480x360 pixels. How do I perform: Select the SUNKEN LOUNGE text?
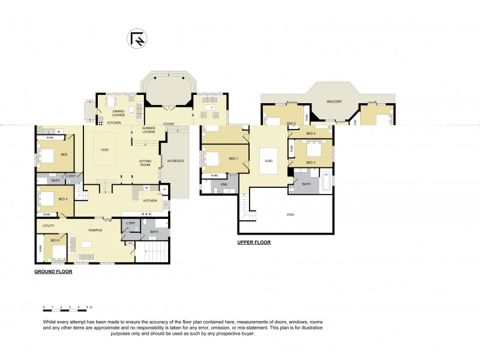point(149,130)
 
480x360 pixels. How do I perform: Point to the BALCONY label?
point(335,101)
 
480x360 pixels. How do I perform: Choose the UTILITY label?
point(49,226)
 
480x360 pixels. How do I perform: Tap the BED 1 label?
point(233,158)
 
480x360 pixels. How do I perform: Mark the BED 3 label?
point(310,163)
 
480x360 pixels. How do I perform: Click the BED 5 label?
point(63,199)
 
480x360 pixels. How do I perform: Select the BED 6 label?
point(55,241)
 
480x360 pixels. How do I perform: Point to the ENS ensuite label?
point(224,184)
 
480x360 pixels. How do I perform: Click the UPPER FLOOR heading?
point(254,242)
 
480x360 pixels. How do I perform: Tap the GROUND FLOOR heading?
point(53,272)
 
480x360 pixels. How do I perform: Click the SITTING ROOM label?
point(145,164)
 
